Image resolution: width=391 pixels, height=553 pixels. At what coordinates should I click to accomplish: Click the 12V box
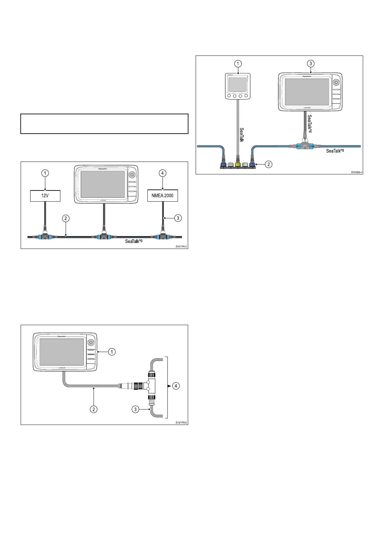(x=45, y=196)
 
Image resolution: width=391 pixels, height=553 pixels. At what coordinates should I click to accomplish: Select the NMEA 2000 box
(x=163, y=196)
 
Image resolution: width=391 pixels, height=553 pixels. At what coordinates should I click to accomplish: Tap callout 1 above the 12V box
(x=45, y=173)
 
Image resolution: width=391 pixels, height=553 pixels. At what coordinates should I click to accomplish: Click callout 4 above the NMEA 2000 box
(x=163, y=173)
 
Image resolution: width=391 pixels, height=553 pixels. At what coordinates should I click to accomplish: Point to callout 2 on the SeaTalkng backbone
(x=66, y=218)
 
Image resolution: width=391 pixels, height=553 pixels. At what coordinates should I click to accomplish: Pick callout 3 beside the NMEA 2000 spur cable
(x=178, y=218)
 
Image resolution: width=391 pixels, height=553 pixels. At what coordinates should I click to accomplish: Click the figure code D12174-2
(x=181, y=246)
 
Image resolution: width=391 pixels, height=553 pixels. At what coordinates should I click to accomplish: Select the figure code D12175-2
(x=181, y=422)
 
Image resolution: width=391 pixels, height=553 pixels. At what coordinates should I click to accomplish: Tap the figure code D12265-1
(x=357, y=172)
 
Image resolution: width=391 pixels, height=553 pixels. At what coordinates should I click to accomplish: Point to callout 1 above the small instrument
(x=238, y=63)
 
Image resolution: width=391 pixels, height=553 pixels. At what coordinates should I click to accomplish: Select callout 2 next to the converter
(x=269, y=164)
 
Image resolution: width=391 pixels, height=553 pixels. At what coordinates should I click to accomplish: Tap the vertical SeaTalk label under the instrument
(x=242, y=135)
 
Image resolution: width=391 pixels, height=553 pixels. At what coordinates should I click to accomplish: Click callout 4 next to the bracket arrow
(x=176, y=386)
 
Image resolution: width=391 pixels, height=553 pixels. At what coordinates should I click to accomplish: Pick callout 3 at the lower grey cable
(x=135, y=409)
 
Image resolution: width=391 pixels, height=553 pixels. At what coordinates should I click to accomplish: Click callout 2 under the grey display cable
(x=94, y=409)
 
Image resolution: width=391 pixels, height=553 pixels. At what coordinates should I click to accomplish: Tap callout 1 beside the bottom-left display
(x=112, y=352)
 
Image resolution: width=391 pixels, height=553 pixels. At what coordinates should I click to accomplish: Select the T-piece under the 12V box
(x=45, y=235)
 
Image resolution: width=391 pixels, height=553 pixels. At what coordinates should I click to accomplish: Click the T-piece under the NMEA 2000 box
(x=163, y=235)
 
